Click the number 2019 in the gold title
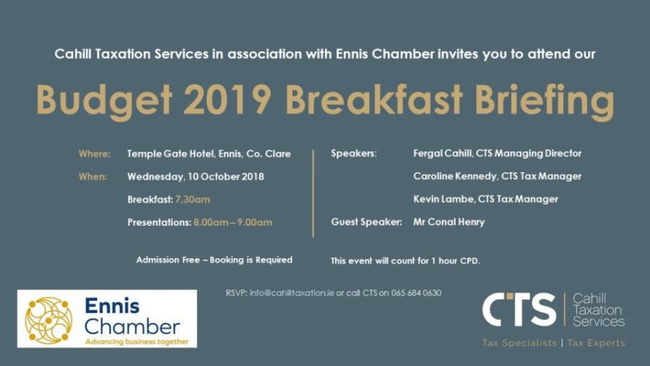[x=227, y=100]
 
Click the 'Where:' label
[x=95, y=154]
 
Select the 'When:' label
[x=93, y=177]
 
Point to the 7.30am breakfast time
[x=193, y=199]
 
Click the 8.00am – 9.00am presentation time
[x=233, y=222]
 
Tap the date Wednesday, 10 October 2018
[x=196, y=177]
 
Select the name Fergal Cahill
[x=442, y=154]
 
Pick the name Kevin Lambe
[x=443, y=199]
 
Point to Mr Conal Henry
[x=449, y=222]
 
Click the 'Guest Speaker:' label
[x=366, y=222]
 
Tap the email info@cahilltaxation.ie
[x=291, y=293]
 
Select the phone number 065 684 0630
[x=416, y=293]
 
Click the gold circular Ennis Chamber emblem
[x=49, y=321]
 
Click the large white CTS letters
[x=519, y=310]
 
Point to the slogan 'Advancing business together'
[x=137, y=342]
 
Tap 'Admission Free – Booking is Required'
[x=215, y=260]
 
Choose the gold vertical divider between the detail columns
[x=313, y=194]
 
